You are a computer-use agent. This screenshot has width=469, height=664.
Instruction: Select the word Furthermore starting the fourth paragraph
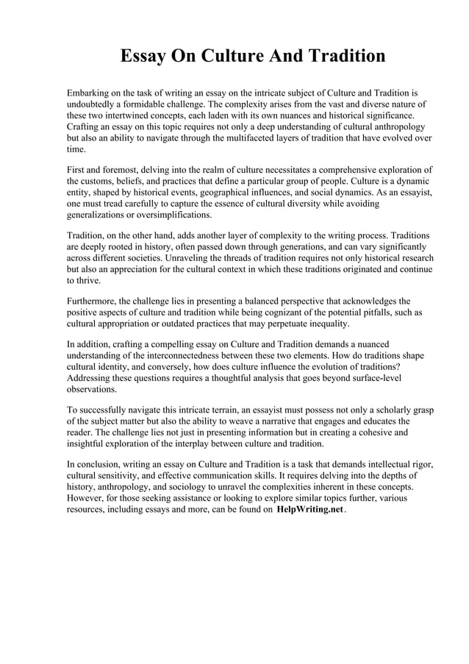tap(95, 301)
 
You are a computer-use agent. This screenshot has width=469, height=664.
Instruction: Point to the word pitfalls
tap(374, 313)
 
